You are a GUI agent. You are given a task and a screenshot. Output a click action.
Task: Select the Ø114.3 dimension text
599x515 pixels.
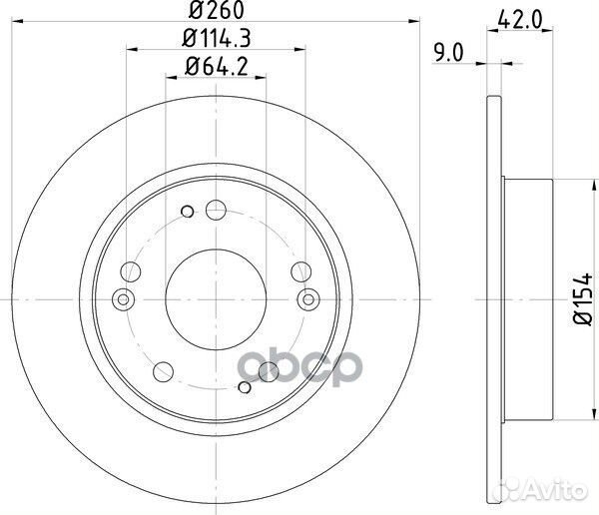pos(216,41)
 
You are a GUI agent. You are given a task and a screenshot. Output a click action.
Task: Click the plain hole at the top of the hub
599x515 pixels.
pos(215,210)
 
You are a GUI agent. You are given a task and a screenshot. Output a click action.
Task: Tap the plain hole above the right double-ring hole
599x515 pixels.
pos(300,269)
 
